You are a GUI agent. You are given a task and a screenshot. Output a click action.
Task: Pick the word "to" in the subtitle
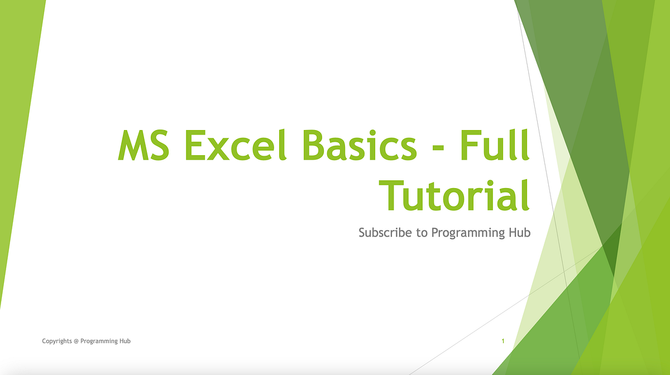422,233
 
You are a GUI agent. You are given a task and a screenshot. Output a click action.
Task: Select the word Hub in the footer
125,340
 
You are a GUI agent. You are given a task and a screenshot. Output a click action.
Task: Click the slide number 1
503,341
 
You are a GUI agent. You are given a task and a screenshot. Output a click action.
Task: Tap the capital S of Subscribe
362,232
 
